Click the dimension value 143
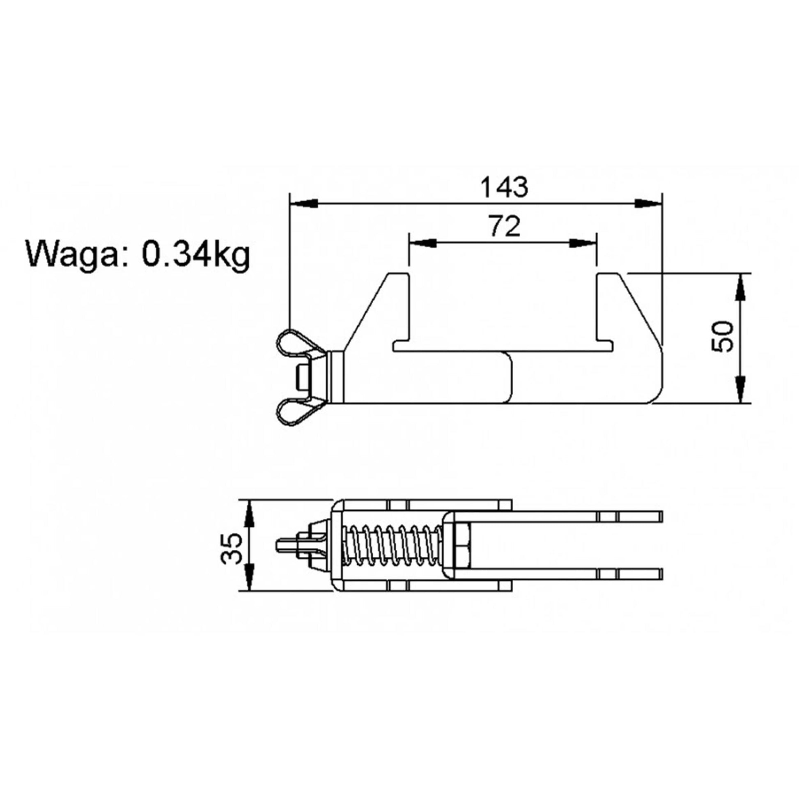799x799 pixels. (504, 187)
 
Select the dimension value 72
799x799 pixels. (504, 226)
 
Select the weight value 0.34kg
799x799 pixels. (196, 254)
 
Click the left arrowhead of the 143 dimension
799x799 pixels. (304, 204)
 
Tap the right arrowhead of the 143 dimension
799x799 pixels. (647, 204)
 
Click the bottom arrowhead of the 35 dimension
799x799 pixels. (248, 576)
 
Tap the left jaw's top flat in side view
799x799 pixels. (398, 274)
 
